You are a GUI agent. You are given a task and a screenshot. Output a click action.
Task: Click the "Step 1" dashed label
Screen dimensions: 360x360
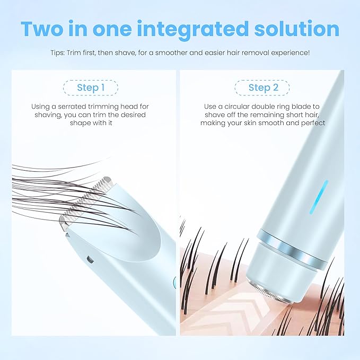point(90,87)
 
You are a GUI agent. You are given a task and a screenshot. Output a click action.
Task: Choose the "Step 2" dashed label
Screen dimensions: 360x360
point(264,87)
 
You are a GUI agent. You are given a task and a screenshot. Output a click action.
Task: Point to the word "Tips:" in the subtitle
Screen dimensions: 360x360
point(59,53)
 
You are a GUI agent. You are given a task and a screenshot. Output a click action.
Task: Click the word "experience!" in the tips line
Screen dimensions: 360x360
point(291,53)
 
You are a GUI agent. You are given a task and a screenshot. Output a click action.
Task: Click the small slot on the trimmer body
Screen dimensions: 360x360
point(89,260)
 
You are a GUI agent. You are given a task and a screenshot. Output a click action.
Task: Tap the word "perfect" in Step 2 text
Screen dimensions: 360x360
point(313,122)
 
